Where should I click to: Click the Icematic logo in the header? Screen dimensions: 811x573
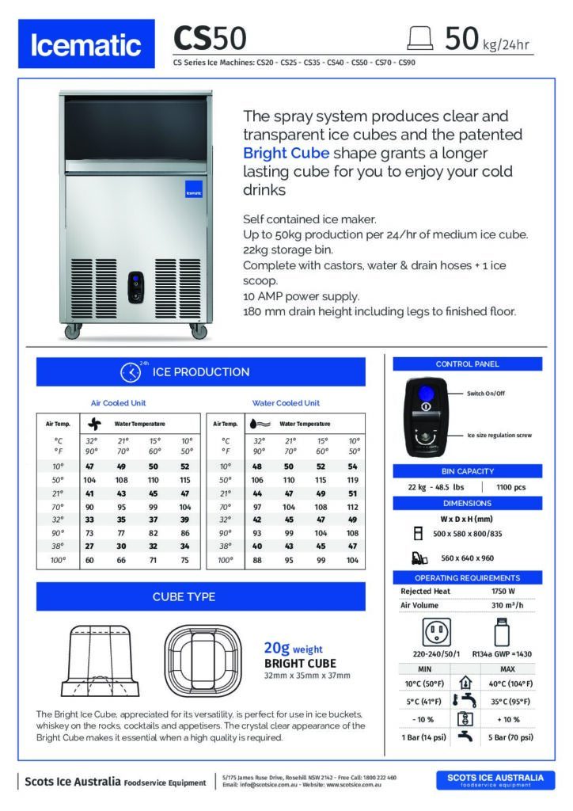pyautogui.click(x=85, y=45)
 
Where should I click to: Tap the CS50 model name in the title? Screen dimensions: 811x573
pyautogui.click(x=210, y=38)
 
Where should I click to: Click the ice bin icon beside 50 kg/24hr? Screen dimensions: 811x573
pyautogui.click(x=419, y=37)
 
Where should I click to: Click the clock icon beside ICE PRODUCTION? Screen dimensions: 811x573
pyautogui.click(x=130, y=372)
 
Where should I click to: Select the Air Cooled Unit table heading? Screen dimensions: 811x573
pyautogui.click(x=119, y=402)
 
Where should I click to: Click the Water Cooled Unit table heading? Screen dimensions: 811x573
pyautogui.click(x=286, y=402)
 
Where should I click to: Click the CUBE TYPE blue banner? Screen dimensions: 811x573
pyautogui.click(x=200, y=596)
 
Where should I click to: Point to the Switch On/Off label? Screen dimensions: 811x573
pyautogui.click(x=487, y=394)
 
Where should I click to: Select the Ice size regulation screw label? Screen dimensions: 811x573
pyautogui.click(x=499, y=435)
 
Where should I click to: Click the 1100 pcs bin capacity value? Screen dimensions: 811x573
pyautogui.click(x=511, y=486)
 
